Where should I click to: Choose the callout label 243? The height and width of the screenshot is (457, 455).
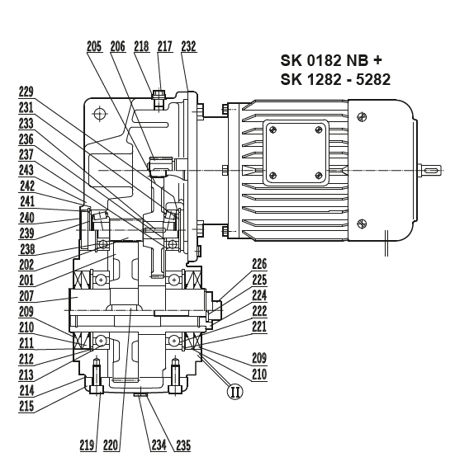pos(26,169)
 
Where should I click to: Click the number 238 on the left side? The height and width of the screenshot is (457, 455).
pos(26,248)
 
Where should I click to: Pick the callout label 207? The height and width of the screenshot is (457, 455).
pos(26,294)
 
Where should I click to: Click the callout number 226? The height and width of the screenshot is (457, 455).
pos(259,265)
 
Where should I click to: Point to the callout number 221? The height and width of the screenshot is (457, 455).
pos(259,327)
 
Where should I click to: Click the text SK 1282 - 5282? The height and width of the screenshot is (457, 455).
pos(335,79)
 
